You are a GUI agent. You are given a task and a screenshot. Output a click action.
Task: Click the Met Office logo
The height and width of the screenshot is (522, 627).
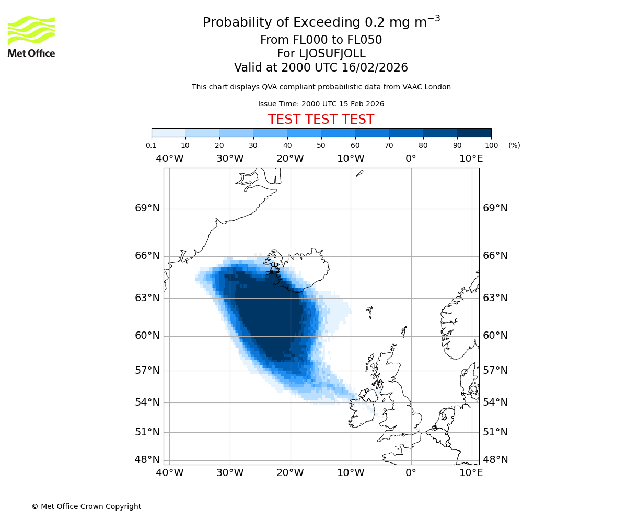[31, 37]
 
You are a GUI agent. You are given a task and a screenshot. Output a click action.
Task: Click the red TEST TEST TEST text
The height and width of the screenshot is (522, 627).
[321, 120]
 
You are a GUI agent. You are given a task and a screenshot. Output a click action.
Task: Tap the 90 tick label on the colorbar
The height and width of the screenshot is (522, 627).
[457, 145]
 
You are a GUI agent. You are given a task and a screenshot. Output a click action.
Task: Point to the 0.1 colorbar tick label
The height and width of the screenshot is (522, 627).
[152, 145]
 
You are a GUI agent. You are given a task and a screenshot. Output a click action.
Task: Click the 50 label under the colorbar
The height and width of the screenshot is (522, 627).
[321, 145]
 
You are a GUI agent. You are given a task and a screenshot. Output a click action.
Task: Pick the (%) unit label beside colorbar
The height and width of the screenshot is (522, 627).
[514, 145]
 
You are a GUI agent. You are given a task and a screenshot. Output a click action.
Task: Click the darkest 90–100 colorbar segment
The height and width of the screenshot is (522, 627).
[474, 133]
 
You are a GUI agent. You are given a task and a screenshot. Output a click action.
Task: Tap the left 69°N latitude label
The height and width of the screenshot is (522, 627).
[147, 208]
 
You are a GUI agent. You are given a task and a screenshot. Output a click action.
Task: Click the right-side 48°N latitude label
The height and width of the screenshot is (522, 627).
[495, 460]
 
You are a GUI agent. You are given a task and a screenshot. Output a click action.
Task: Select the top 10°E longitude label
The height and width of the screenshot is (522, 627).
[471, 159]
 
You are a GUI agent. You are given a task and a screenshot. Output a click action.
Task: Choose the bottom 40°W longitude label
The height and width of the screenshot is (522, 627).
[170, 473]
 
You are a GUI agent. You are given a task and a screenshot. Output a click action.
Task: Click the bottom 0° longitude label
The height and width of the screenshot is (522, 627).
[411, 473]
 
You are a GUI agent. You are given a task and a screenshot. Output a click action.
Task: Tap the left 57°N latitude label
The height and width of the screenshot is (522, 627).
[147, 371]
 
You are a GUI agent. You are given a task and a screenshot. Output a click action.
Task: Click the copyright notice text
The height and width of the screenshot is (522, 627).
[86, 506]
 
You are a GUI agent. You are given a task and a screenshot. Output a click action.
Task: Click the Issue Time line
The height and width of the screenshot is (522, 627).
[321, 104]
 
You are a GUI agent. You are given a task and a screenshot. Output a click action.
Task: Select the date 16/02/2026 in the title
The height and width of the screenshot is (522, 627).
[375, 68]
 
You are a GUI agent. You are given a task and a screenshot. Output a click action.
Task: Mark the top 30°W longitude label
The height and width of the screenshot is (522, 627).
[230, 159]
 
